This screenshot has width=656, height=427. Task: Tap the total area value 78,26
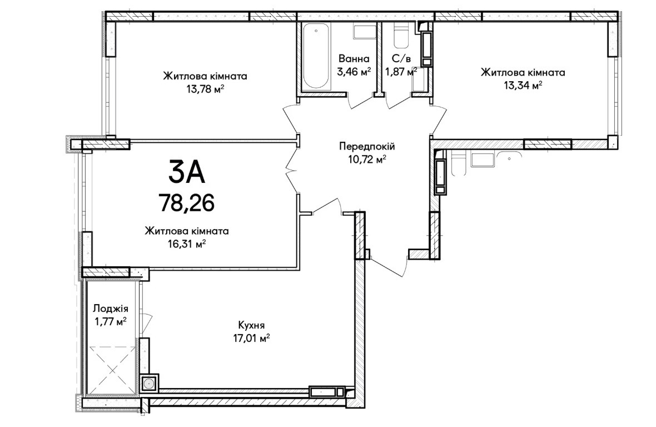coord(187,203)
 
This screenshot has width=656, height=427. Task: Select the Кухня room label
coord(251,325)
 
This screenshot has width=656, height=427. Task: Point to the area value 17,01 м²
coord(251,337)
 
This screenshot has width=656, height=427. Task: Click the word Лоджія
coord(111,309)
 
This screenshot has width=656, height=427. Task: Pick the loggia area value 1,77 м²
coord(111,322)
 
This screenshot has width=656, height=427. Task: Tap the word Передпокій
coord(367,146)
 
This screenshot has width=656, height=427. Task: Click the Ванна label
coord(354,58)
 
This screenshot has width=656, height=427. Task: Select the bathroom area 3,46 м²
coord(354,71)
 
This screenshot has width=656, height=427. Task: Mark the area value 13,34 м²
coord(523,85)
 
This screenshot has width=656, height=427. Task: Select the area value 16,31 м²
coord(187,244)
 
